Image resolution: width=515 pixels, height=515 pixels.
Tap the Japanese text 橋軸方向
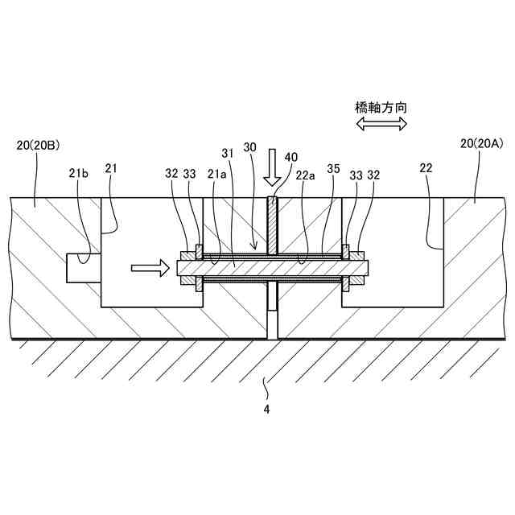(381, 106)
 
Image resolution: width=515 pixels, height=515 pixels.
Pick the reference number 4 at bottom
(267, 409)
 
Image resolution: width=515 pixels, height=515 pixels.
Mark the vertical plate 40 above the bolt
(273, 225)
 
